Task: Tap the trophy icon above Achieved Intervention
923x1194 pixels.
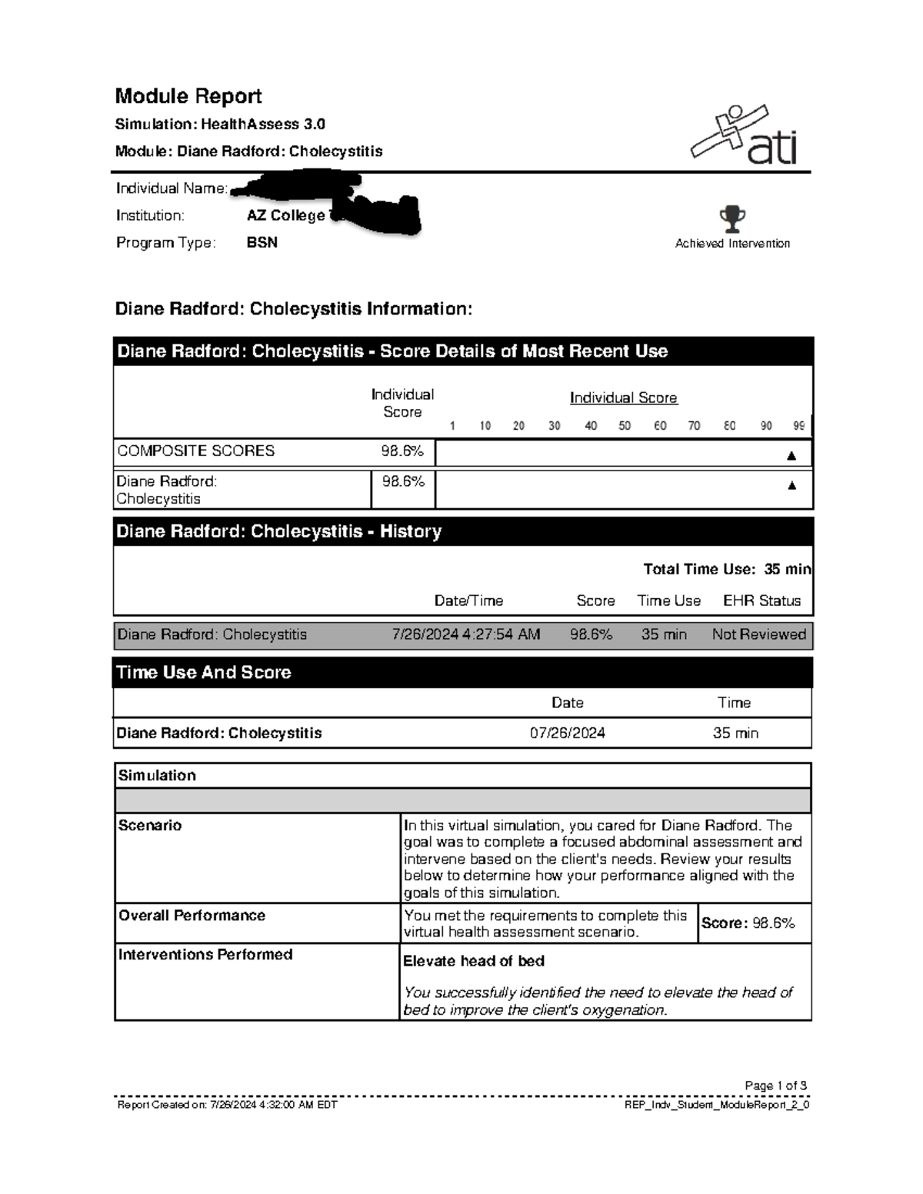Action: click(x=731, y=219)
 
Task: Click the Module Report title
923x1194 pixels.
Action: click(x=188, y=96)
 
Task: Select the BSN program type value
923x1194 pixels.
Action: click(x=262, y=242)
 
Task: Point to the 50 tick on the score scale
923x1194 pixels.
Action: click(x=625, y=426)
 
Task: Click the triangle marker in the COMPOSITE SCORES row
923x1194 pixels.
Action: click(x=791, y=456)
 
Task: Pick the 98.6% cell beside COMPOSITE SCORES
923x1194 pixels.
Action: click(x=402, y=451)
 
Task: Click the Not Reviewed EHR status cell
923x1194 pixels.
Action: click(x=758, y=635)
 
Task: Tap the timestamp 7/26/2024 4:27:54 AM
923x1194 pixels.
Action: click(x=466, y=635)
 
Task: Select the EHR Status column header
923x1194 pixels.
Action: click(x=761, y=601)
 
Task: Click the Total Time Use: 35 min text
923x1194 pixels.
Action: click(x=727, y=570)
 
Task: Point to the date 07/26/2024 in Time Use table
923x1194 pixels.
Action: click(x=568, y=733)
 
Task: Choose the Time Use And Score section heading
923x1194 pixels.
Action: click(x=204, y=673)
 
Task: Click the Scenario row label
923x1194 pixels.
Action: click(x=150, y=826)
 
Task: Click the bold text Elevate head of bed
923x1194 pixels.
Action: click(x=474, y=961)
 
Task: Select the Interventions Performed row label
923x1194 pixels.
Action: click(x=205, y=955)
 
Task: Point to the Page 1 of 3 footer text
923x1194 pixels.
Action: click(x=775, y=1086)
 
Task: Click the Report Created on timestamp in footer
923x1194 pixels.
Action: click(x=227, y=1106)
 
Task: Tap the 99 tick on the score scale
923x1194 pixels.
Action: click(x=799, y=426)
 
